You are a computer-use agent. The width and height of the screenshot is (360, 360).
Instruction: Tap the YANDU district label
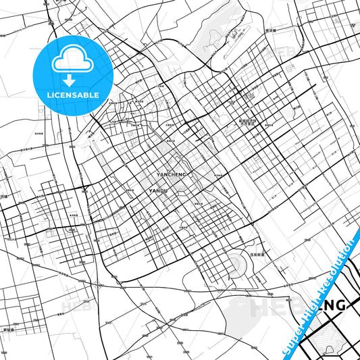[157, 191]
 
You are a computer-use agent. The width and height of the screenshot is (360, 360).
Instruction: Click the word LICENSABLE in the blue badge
[73, 95]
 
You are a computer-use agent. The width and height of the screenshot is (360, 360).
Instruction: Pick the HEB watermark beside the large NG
[274, 307]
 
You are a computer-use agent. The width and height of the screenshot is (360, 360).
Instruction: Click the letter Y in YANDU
[148, 191]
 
